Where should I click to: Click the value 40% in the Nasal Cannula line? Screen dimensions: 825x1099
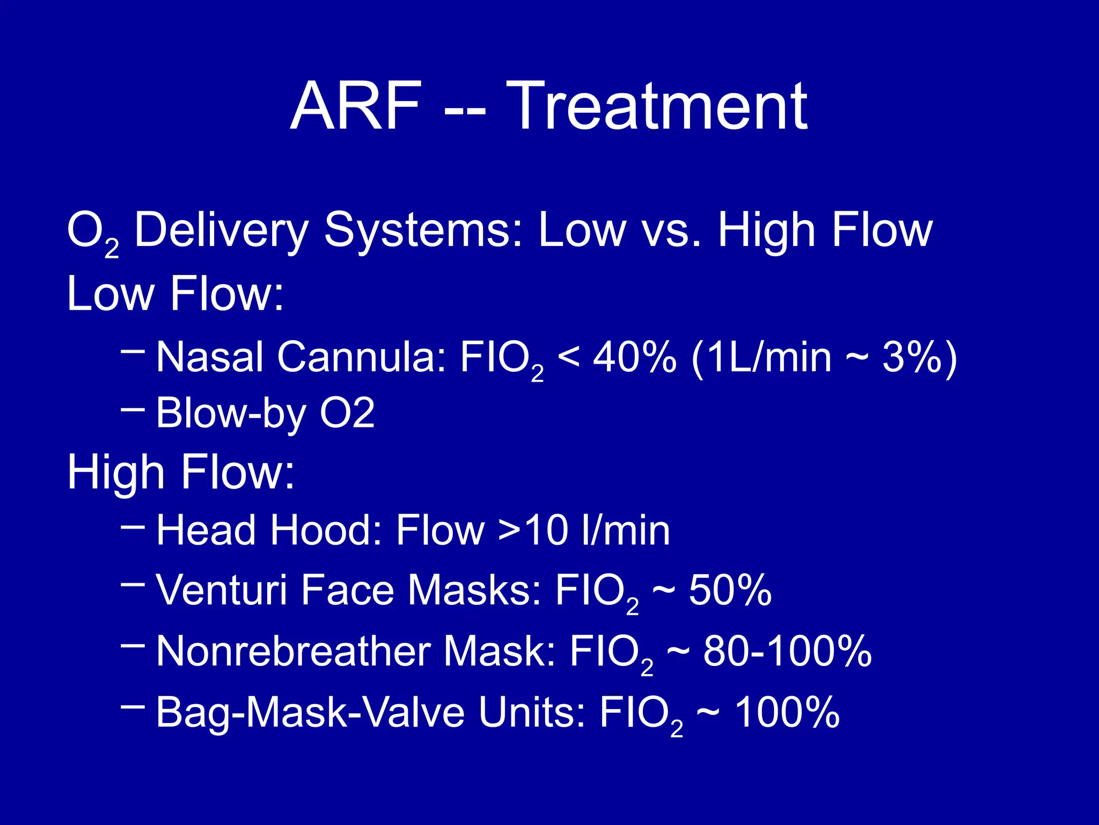tap(634, 357)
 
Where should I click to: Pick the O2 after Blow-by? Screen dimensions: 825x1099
tap(347, 414)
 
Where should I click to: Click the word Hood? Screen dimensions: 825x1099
tap(325, 531)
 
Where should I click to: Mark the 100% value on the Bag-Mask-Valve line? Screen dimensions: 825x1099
tap(786, 713)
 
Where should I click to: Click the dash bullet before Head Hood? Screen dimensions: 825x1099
tap(133, 526)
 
